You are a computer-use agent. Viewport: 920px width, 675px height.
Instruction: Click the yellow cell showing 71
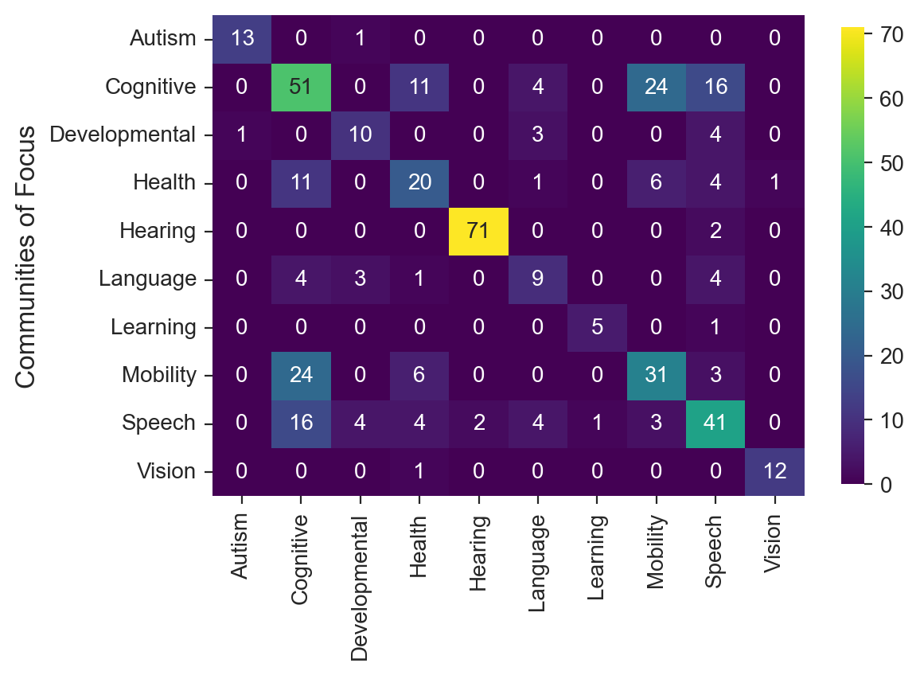pyautogui.click(x=479, y=232)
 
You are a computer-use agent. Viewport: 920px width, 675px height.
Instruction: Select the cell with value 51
pyautogui.click(x=302, y=87)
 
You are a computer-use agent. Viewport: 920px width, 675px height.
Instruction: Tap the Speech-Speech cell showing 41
pyautogui.click(x=715, y=423)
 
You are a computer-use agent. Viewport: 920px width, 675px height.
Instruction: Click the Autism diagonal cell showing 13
pyautogui.click(x=243, y=39)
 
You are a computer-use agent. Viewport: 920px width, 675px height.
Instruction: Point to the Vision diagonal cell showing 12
pyautogui.click(x=774, y=470)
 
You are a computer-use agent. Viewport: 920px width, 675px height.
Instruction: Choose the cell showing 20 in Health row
pyautogui.click(x=420, y=183)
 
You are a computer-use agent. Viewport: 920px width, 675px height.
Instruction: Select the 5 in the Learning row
pyautogui.click(x=597, y=327)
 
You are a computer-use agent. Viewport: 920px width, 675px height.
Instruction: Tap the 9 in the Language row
pyautogui.click(x=538, y=279)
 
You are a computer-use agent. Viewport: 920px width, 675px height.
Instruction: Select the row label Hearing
pyautogui.click(x=158, y=232)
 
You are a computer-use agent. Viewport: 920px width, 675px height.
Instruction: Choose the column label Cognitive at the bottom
pyautogui.click(x=302, y=554)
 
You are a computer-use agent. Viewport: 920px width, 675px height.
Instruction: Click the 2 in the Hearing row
pyautogui.click(x=715, y=232)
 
